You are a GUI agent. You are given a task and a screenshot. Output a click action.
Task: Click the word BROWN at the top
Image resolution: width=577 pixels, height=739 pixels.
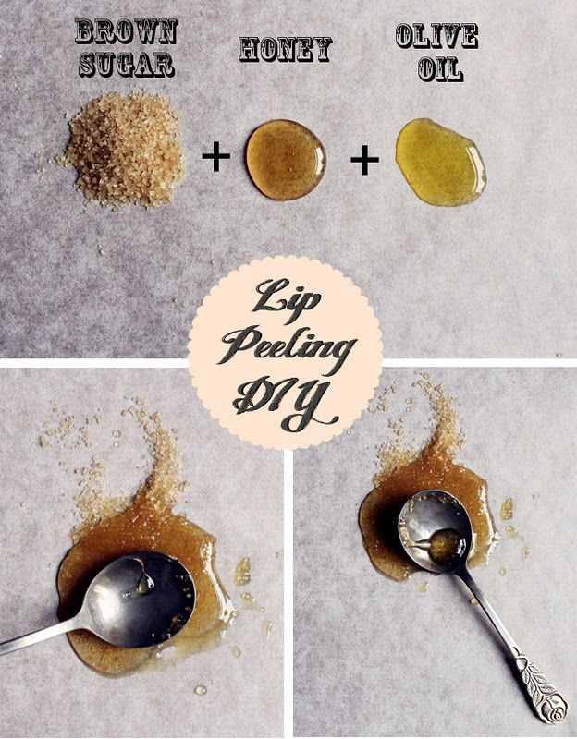pyautogui.click(x=126, y=32)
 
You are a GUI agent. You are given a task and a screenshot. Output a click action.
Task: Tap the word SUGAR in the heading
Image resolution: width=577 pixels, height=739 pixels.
pyautogui.click(x=127, y=64)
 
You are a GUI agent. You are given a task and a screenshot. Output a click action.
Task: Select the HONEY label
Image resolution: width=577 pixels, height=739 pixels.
pyautogui.click(x=286, y=50)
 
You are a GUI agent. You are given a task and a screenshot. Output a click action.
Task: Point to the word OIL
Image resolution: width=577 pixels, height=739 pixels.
pyautogui.click(x=440, y=68)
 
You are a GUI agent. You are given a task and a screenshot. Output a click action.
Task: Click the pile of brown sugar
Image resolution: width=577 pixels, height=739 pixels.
pyautogui.click(x=124, y=149)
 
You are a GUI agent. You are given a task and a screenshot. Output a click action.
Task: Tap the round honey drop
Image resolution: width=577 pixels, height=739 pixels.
pyautogui.click(x=286, y=159)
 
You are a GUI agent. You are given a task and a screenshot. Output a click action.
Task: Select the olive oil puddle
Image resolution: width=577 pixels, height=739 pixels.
pyautogui.click(x=440, y=162)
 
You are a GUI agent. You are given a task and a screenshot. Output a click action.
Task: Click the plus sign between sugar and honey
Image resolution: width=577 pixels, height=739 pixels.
pyautogui.click(x=216, y=156)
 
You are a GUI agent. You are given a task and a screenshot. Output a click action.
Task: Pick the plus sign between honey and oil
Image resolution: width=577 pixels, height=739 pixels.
pyautogui.click(x=364, y=160)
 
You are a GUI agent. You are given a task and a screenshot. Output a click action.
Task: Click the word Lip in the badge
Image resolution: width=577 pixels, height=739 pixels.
pyautogui.click(x=287, y=296)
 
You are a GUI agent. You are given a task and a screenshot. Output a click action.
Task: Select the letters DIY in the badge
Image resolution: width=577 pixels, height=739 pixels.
pyautogui.click(x=286, y=403)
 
